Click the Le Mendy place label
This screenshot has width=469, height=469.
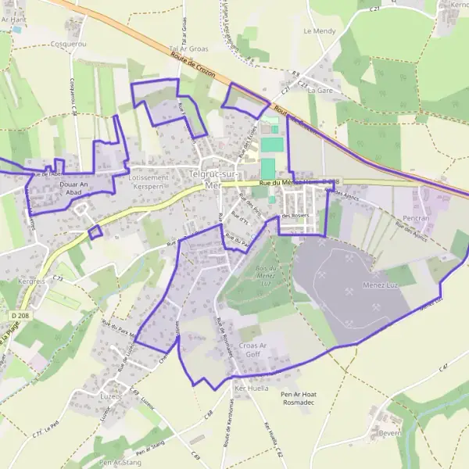pyautogui.click(x=318, y=31)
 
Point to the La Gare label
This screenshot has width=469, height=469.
pyautogui.click(x=320, y=91)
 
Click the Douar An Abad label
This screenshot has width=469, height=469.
pyautogui.click(x=74, y=188)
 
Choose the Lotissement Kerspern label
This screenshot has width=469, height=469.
pyautogui.click(x=149, y=182)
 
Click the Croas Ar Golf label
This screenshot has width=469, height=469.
pyautogui.click(x=252, y=349)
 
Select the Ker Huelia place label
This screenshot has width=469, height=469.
pyautogui.click(x=252, y=388)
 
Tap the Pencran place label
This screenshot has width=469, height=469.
pyautogui.click(x=411, y=218)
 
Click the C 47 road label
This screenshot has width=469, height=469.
pyautogui.click(x=444, y=367)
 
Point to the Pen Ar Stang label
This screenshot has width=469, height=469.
pyautogui.click(x=120, y=463)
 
